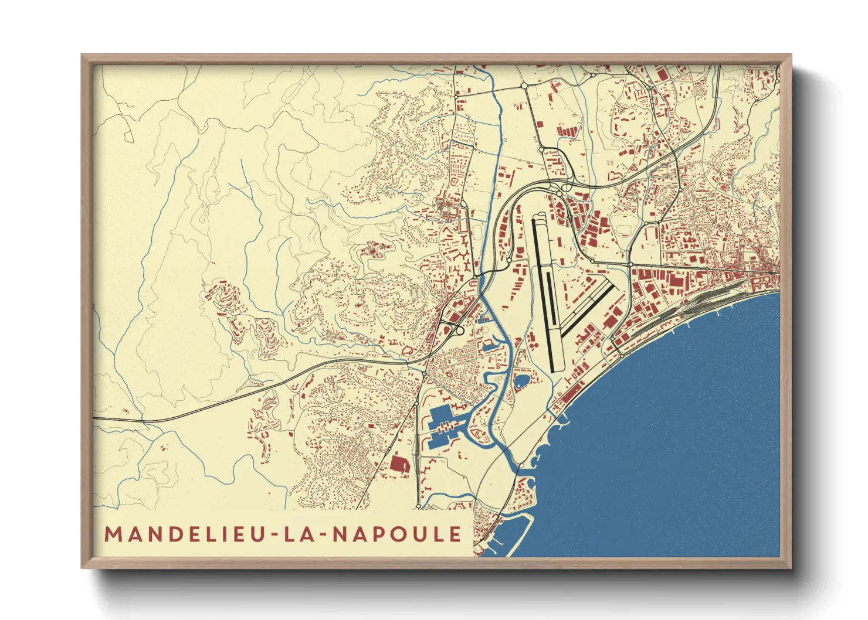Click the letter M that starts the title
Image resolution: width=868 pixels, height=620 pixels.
pos(113,534)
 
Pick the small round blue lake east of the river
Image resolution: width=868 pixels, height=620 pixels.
pos(521,381)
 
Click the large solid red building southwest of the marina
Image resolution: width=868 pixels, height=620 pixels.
pos(399,464)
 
